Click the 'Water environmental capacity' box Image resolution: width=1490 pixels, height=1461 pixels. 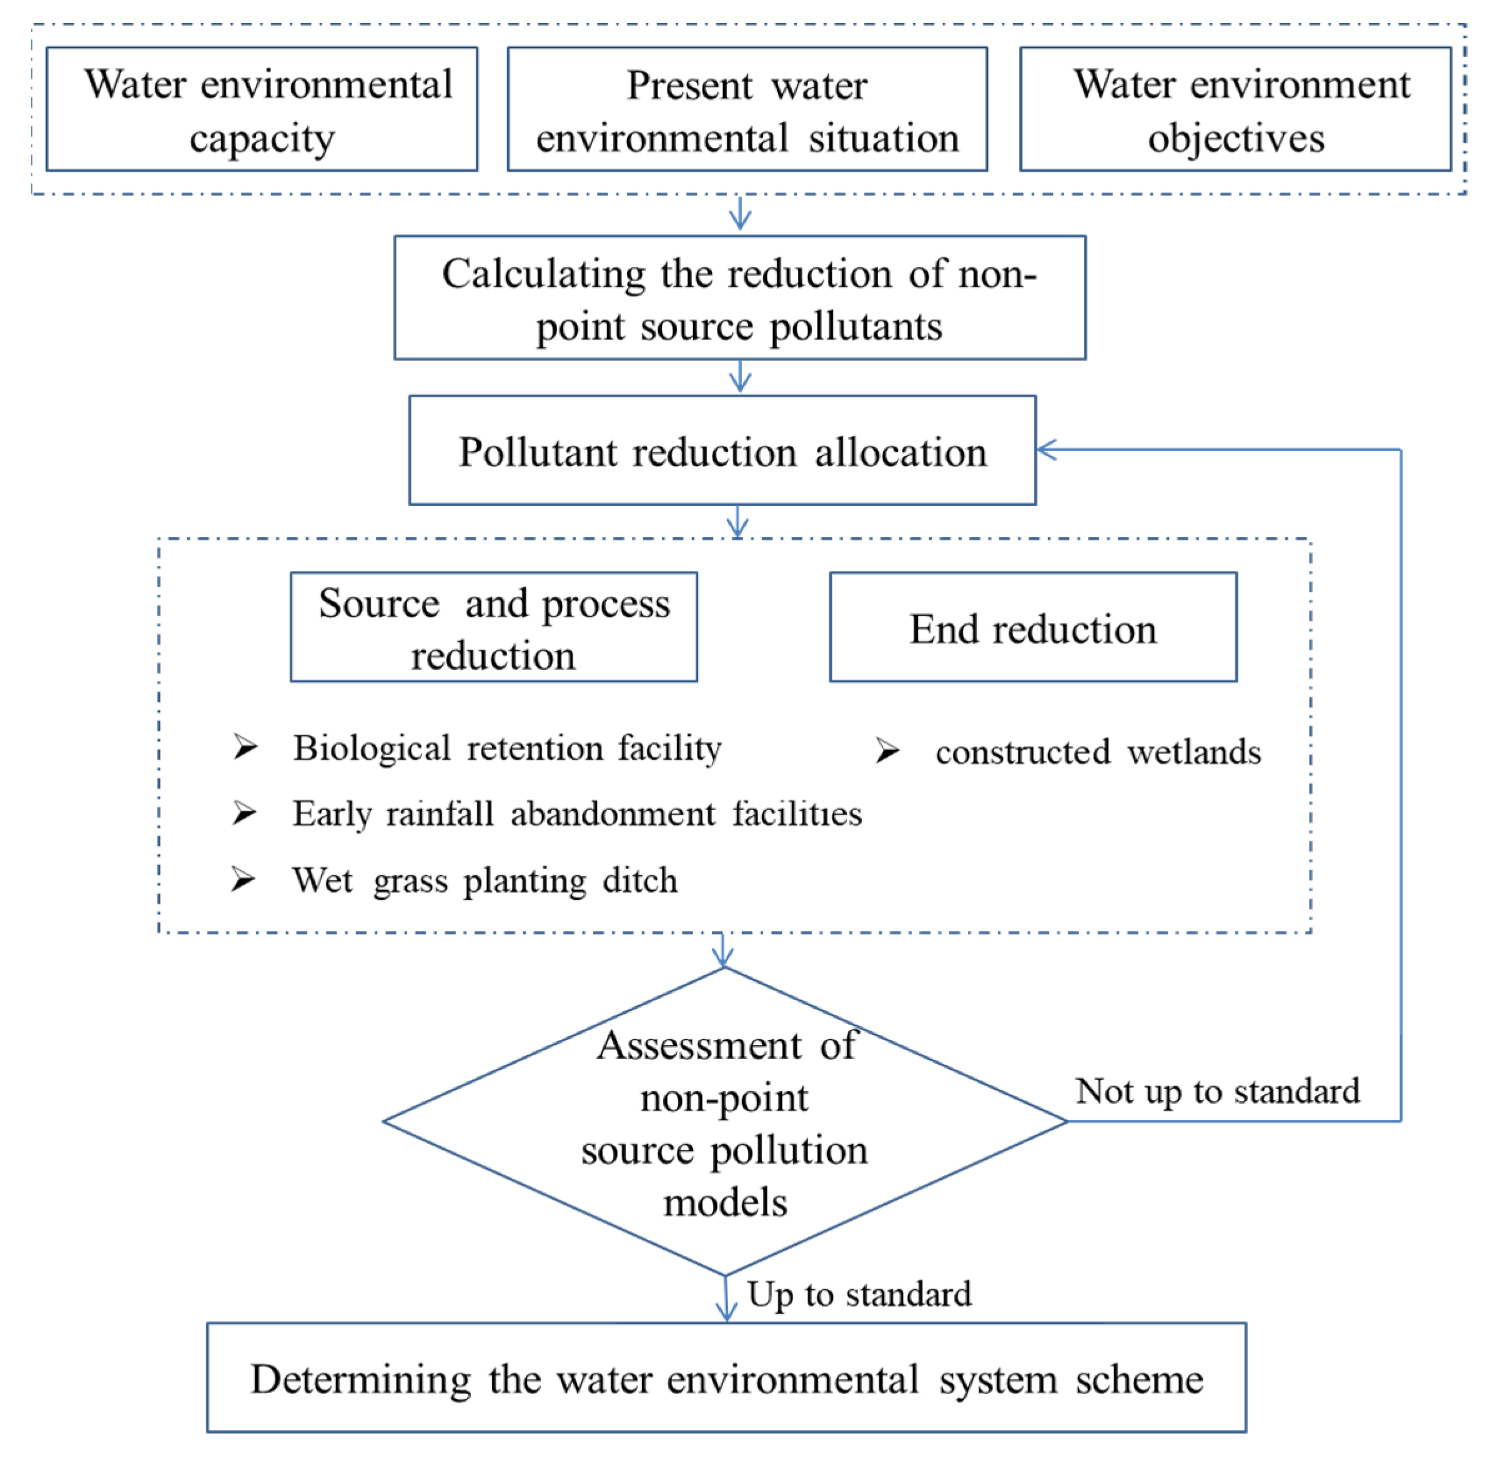262,109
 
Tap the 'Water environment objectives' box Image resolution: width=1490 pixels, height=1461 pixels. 1235,109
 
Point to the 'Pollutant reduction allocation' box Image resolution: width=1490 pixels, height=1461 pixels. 722,450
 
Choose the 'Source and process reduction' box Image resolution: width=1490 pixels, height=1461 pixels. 493,627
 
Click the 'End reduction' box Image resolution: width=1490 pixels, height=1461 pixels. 1033,627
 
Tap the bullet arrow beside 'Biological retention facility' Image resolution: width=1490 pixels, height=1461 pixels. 245,746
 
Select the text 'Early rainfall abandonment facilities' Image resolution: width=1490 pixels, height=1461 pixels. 577,813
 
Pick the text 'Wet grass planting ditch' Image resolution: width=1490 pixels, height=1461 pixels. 485,880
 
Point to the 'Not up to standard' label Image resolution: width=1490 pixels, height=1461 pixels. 1217,1091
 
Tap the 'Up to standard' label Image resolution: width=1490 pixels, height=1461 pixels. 859,1294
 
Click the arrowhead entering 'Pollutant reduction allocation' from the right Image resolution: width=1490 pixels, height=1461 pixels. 1047,450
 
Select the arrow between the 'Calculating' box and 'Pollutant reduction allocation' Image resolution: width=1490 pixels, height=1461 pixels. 739,377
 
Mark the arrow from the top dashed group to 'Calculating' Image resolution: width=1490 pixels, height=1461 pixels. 739,214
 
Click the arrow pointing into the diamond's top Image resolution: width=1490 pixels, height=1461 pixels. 722,951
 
